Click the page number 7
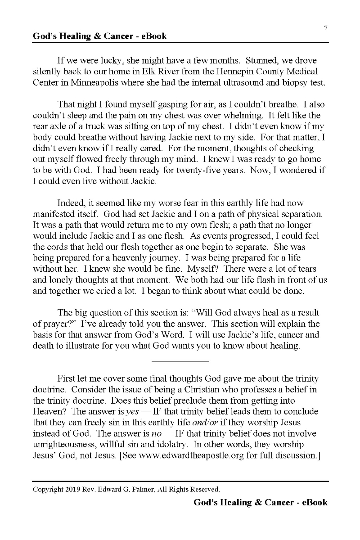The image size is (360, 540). (325, 28)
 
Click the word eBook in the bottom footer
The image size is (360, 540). (312, 502)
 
